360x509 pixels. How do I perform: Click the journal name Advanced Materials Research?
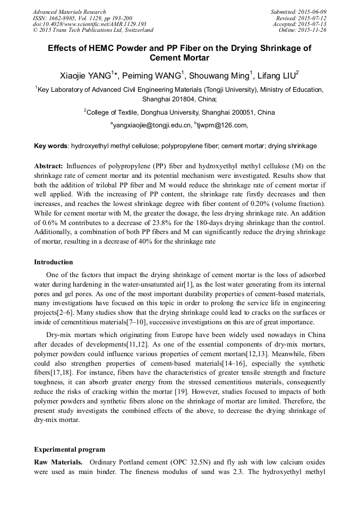click(x=69, y=12)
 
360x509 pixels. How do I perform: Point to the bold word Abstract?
click(x=49, y=166)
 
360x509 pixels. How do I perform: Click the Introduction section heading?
click(x=54, y=262)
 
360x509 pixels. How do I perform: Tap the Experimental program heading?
click(x=69, y=449)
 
